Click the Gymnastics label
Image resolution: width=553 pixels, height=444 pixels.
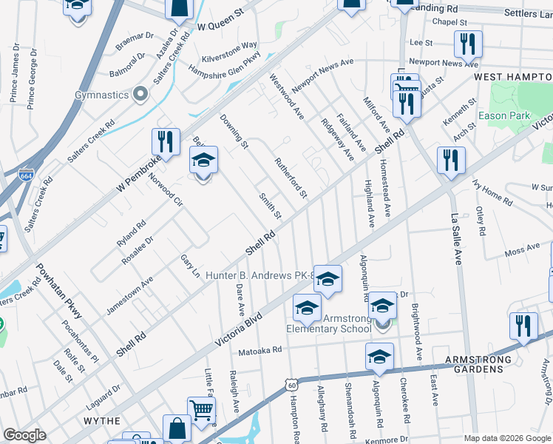pos(101,95)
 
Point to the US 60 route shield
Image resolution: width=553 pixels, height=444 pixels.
pos(292,383)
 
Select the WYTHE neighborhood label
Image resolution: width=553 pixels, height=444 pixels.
pos(102,420)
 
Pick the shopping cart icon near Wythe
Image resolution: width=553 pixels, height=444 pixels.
pos(202,408)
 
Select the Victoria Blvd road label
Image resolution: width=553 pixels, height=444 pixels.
pos(238,329)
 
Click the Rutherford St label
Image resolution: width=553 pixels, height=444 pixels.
pos(291,177)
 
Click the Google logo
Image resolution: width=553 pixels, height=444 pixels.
pos(24,436)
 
